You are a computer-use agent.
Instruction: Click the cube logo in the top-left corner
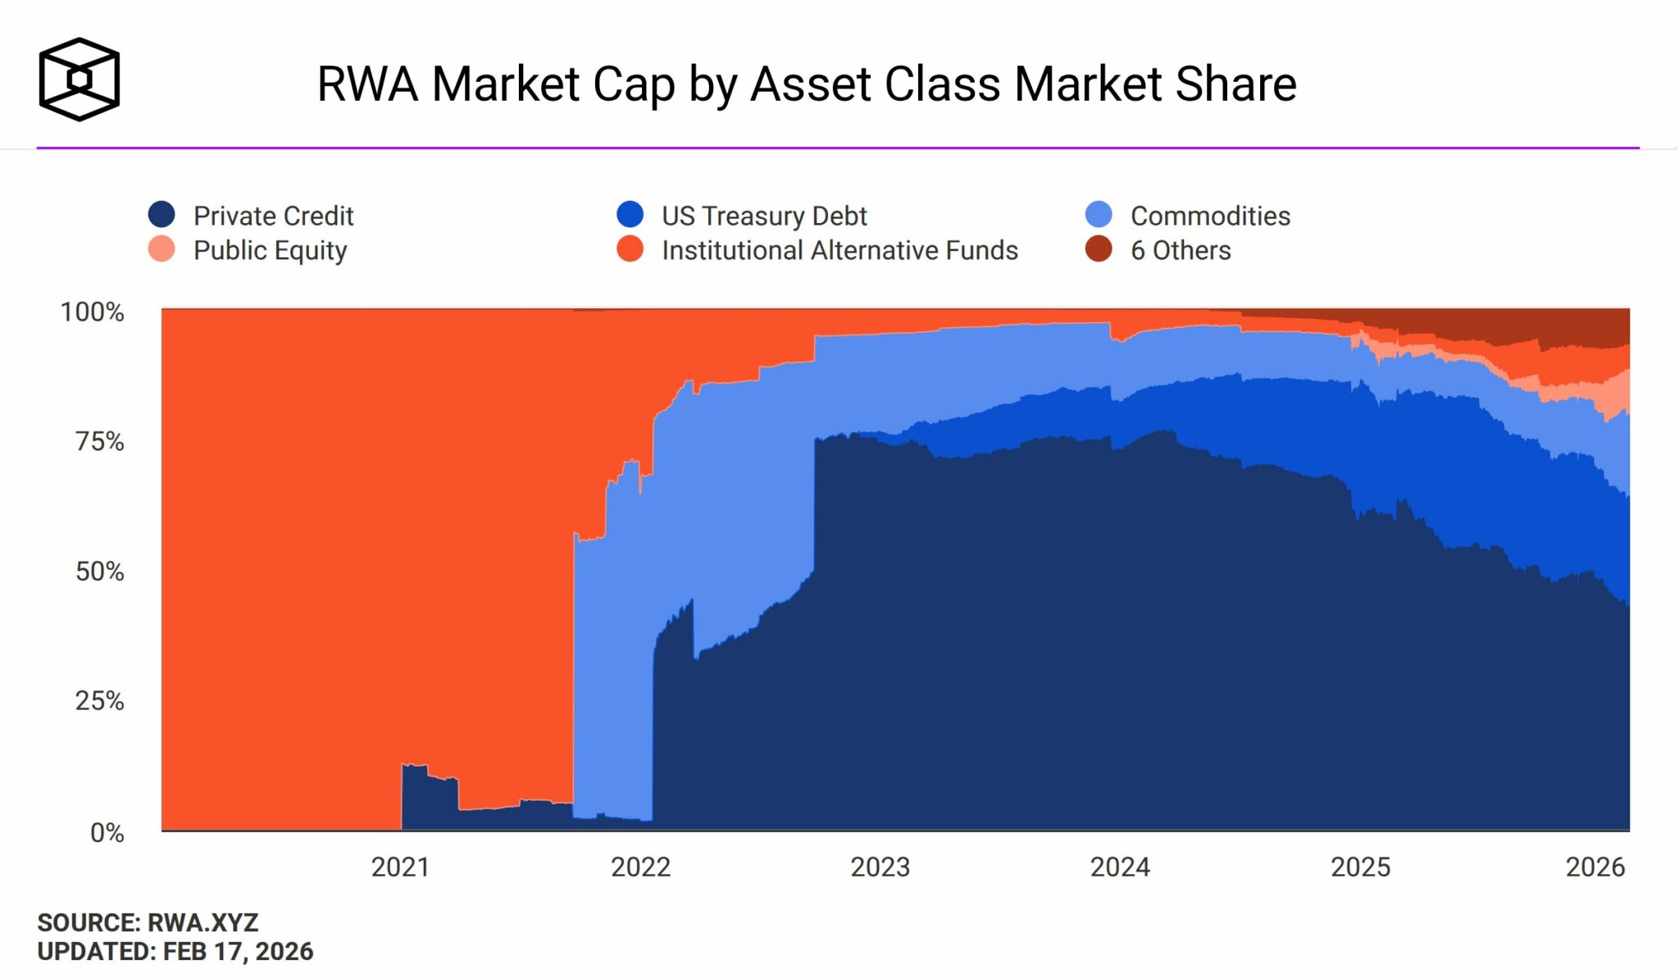(80, 80)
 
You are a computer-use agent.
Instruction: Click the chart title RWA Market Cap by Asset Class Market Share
(806, 84)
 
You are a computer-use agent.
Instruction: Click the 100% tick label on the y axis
(93, 312)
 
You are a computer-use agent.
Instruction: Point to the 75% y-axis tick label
(100, 442)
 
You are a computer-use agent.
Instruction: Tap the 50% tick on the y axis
(100, 571)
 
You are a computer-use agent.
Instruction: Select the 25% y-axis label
(100, 701)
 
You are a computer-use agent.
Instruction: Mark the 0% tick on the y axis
(107, 833)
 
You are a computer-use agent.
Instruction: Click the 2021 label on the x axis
(400, 867)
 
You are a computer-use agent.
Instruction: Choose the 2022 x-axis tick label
(640, 867)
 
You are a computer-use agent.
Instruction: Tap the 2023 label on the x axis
(880, 867)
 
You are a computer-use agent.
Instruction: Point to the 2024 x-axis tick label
(1120, 867)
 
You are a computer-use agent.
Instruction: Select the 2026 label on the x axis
(1595, 867)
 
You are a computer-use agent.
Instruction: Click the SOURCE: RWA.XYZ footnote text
(148, 923)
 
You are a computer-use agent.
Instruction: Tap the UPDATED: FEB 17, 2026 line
(175, 951)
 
